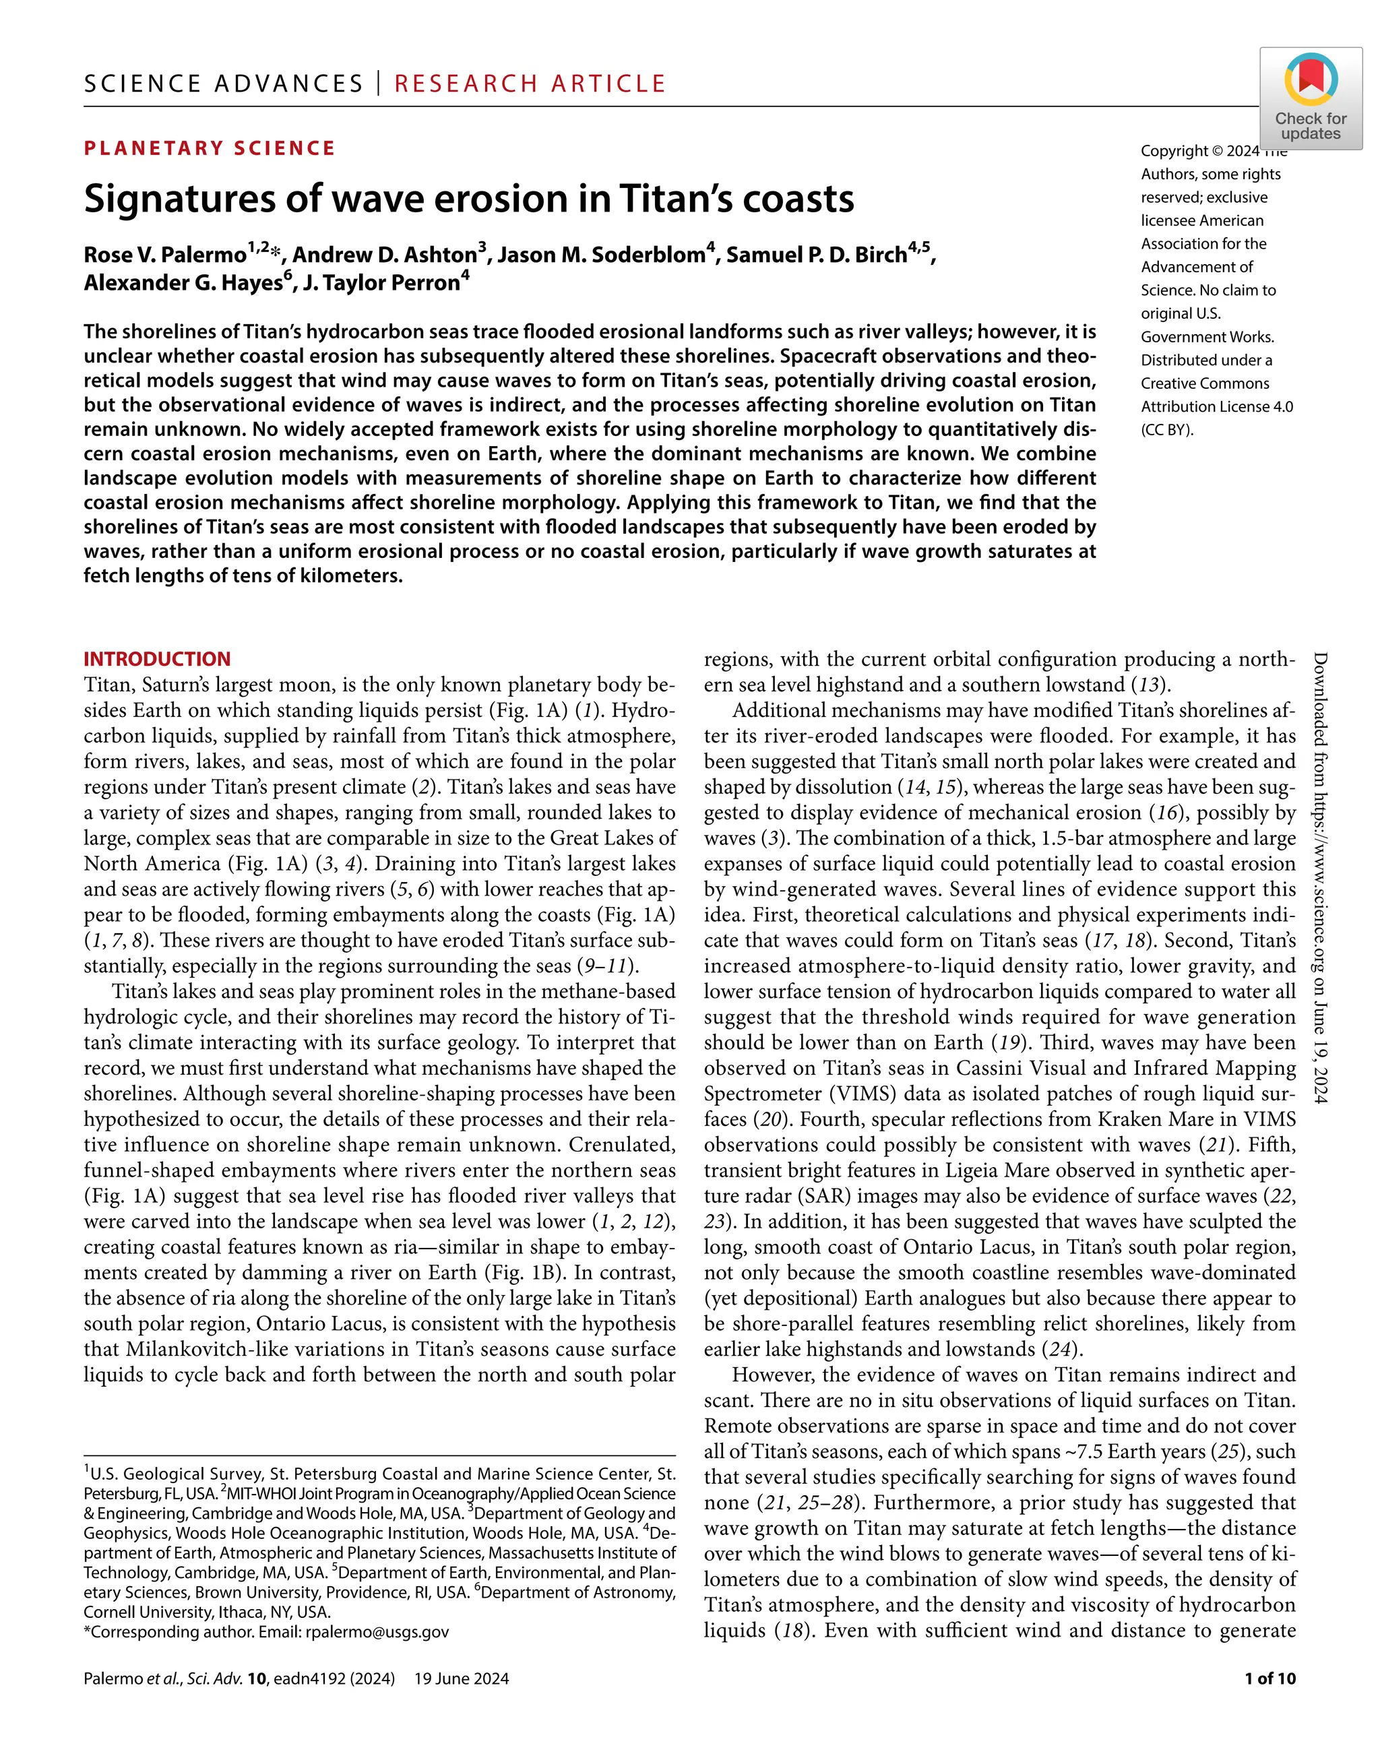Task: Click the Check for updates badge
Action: coord(1310,98)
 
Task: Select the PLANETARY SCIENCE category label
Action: coord(210,148)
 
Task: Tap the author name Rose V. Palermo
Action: coord(165,255)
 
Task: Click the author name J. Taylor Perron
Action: coord(381,283)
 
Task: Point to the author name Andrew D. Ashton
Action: coord(385,255)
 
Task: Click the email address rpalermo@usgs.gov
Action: coord(376,1631)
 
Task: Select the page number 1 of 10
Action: coord(1269,1679)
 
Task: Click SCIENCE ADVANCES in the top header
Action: coord(224,84)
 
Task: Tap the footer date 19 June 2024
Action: coord(462,1679)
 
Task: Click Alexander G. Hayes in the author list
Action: coord(183,283)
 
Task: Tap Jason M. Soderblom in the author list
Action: coord(601,255)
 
